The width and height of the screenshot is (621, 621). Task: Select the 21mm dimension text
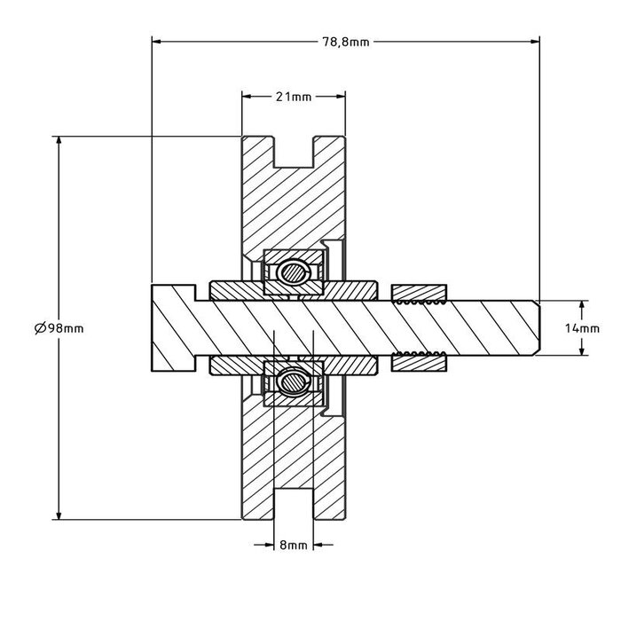tap(294, 97)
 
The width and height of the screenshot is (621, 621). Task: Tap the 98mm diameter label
tap(66, 328)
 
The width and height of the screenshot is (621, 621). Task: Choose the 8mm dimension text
tap(293, 546)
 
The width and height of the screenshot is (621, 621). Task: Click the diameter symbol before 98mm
tap(41, 328)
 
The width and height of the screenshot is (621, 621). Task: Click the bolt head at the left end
tap(172, 327)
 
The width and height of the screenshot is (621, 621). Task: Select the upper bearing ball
tap(292, 272)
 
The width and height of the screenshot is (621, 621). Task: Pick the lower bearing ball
tap(292, 382)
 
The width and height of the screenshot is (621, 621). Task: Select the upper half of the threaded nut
tap(420, 293)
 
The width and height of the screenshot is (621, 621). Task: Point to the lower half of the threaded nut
tap(420, 361)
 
